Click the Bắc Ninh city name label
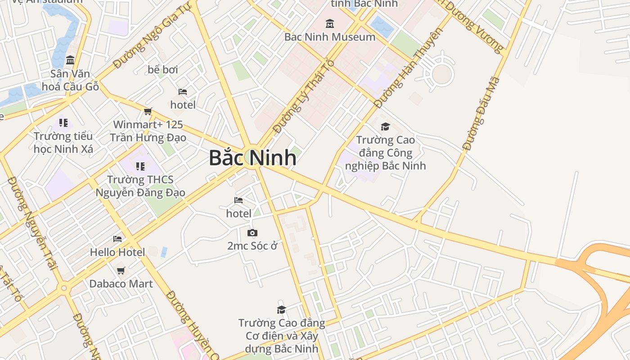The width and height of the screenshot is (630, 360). (x=252, y=158)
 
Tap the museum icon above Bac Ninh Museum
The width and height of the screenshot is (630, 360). (x=330, y=23)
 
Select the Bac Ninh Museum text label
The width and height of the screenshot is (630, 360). (x=330, y=37)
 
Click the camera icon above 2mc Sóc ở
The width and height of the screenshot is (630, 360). (x=252, y=233)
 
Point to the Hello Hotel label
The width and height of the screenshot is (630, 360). (x=117, y=252)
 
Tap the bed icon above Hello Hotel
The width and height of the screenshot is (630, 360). (x=117, y=239)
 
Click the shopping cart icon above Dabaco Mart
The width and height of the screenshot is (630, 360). (x=121, y=270)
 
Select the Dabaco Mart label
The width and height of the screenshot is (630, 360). (x=121, y=284)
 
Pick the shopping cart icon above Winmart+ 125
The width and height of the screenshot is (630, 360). (x=148, y=111)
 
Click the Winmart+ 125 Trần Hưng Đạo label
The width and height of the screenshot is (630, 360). (x=148, y=131)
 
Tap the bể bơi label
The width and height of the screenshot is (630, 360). (x=163, y=70)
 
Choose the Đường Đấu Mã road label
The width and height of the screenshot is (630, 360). (x=481, y=114)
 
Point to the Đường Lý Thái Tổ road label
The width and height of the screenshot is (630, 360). (x=304, y=96)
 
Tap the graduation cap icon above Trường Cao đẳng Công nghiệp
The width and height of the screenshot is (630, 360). (x=385, y=127)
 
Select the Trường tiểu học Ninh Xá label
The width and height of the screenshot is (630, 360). (x=63, y=142)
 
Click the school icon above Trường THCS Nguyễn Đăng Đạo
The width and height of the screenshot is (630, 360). (x=140, y=166)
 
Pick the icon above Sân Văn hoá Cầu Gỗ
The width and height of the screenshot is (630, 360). (x=70, y=60)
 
